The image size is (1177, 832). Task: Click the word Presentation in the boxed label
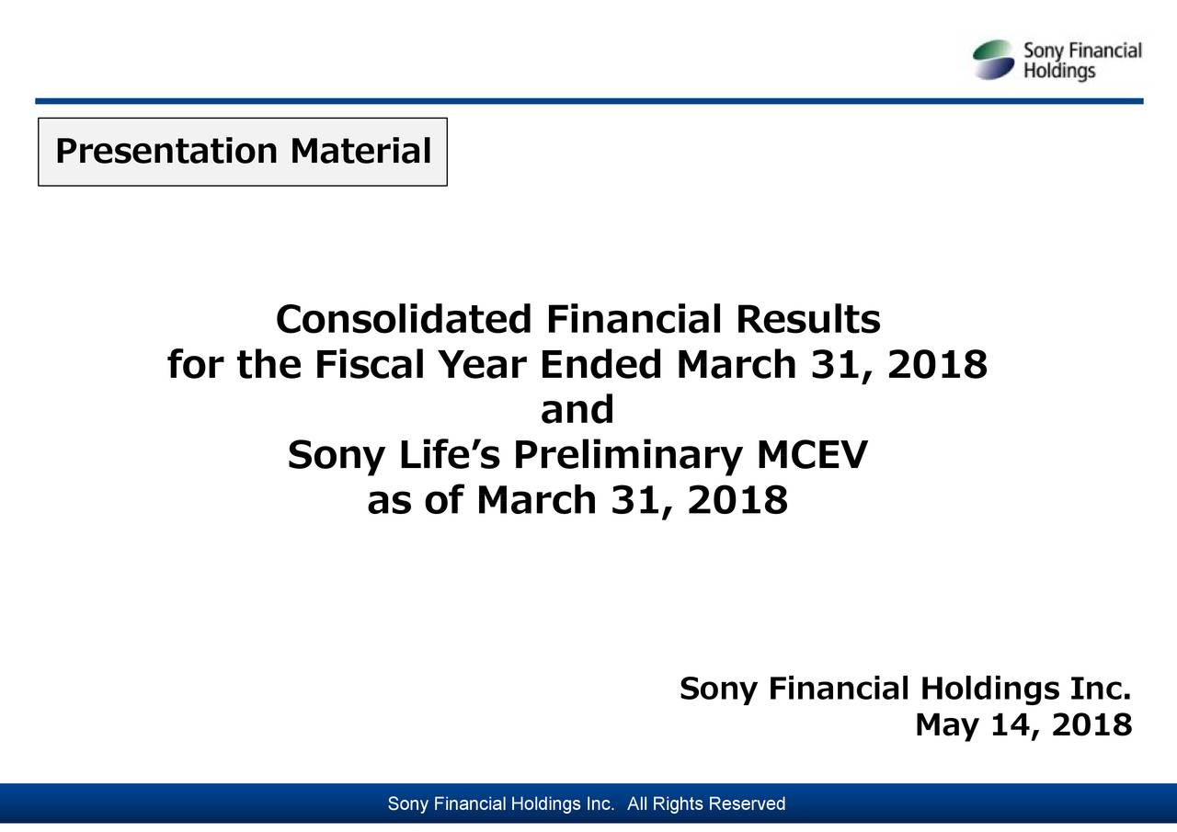pyautogui.click(x=166, y=152)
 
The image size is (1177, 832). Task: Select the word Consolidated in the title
pyautogui.click(x=404, y=320)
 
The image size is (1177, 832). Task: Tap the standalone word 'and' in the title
pyautogui.click(x=577, y=410)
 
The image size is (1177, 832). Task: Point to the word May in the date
pyautogui.click(x=949, y=727)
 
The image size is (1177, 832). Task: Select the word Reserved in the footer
pyautogui.click(x=748, y=805)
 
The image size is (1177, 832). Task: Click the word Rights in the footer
pyautogui.click(x=683, y=805)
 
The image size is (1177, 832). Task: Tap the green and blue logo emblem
pyautogui.click(x=995, y=60)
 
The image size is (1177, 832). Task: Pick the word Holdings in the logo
pyautogui.click(x=1059, y=72)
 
